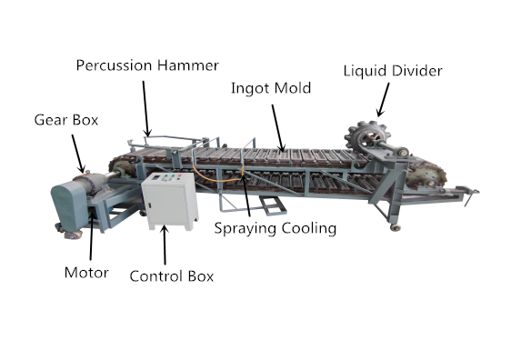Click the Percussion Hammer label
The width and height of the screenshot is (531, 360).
(146, 65)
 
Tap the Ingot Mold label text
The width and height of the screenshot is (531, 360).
(271, 88)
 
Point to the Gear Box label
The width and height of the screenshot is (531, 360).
(66, 119)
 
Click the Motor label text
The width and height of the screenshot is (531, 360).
(88, 272)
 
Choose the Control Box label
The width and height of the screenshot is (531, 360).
(172, 275)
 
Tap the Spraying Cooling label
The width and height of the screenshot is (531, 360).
(275, 228)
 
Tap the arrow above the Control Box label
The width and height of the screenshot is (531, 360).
(164, 245)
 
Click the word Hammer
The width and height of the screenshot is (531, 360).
(188, 65)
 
